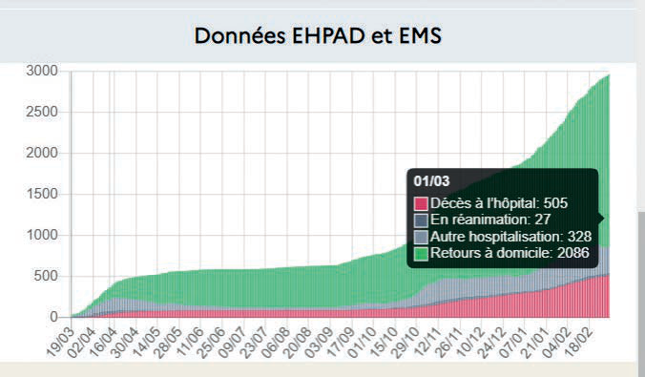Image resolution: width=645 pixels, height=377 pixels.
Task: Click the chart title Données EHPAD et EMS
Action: tap(318, 35)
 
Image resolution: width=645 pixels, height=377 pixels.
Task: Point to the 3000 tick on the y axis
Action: tap(42, 71)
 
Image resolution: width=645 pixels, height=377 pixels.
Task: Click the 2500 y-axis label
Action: tap(42, 112)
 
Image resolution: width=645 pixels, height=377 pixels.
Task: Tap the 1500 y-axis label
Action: tap(42, 194)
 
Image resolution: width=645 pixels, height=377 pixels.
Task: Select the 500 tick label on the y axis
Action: tap(46, 276)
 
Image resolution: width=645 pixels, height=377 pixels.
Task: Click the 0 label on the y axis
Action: tap(53, 317)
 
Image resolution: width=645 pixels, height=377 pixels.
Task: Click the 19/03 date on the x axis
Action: tap(60, 343)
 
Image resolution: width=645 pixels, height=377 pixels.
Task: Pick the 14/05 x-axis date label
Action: tap(146, 343)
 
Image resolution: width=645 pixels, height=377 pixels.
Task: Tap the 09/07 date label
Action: tap(233, 343)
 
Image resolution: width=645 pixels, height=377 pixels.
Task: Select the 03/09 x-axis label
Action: tap(319, 343)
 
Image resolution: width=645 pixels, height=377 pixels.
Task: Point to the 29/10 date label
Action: tap(406, 343)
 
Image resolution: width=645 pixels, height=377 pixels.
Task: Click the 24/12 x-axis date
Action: tap(491, 343)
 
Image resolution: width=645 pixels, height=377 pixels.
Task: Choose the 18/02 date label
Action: tap(578, 343)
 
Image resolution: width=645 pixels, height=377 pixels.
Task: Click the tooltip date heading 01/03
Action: tap(431, 181)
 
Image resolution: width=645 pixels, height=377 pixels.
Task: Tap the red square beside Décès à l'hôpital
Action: tap(421, 203)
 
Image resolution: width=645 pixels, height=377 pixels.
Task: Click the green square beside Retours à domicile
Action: tap(421, 254)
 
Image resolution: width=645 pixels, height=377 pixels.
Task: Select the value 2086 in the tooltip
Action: tap(573, 253)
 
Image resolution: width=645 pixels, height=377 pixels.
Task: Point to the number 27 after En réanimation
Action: tap(543, 220)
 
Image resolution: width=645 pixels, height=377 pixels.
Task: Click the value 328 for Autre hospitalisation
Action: tap(579, 237)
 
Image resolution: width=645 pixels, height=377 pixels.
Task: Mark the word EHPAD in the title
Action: tap(328, 35)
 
